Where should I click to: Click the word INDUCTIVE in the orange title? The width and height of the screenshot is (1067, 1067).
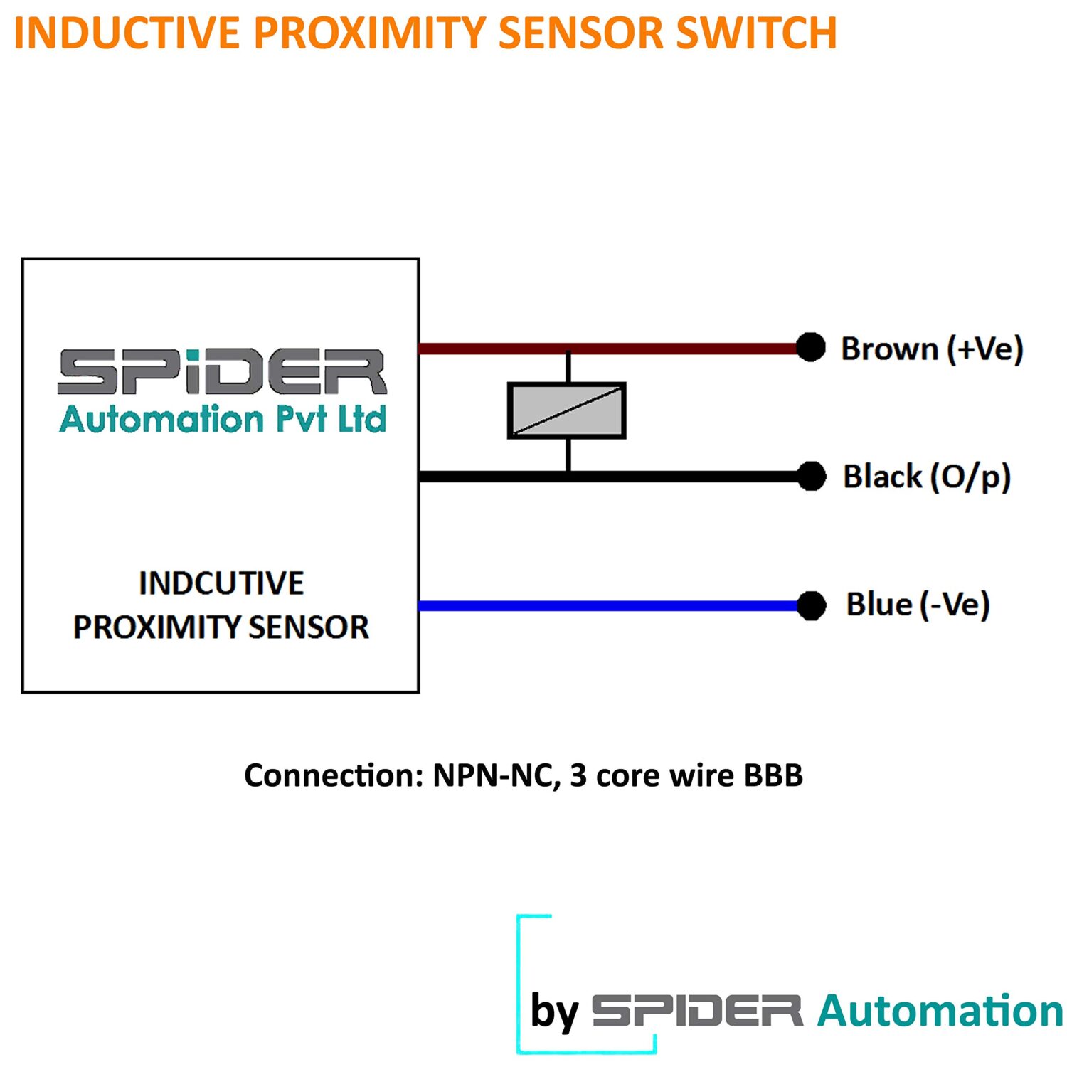click(127, 33)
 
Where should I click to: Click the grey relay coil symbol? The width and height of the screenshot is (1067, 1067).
click(567, 410)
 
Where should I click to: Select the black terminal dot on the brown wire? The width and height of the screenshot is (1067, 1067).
click(810, 348)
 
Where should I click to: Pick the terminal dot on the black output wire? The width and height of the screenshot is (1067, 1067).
click(811, 476)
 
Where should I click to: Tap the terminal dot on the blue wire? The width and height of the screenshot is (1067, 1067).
click(811, 605)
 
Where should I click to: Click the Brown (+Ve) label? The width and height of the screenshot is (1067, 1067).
click(933, 349)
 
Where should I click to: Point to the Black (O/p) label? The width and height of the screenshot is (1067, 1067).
click(927, 477)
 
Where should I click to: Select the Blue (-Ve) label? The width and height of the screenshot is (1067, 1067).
click(918, 605)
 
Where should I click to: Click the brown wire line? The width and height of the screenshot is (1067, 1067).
click(608, 349)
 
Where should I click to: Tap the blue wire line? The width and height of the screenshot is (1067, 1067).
click(608, 606)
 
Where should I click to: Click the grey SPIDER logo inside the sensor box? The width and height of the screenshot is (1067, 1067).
click(222, 371)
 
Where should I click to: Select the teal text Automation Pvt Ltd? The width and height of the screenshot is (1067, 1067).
click(223, 419)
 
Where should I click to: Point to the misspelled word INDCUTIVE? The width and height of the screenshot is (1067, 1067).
click(221, 583)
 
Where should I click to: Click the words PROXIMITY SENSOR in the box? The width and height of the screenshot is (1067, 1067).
click(221, 627)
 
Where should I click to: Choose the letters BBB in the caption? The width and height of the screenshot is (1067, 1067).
click(773, 775)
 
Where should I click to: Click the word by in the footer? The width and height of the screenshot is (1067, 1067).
click(555, 1012)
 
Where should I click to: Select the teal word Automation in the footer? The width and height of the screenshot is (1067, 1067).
click(940, 1011)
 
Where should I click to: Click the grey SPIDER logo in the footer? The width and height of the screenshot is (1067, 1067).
click(697, 1011)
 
